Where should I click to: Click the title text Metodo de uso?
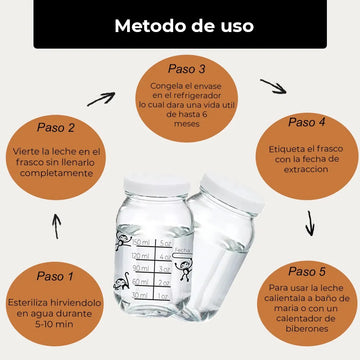pos(184,26)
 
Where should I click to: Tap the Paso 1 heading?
pos(55,276)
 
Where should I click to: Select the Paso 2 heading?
pos(56,128)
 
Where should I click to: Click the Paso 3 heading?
pos(187,69)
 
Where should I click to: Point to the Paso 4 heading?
pos(307,122)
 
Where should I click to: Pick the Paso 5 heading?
pos(307,271)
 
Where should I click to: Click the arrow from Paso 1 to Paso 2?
pos(57,226)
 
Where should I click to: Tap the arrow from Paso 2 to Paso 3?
pos(101,99)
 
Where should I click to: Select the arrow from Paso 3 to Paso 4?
pos(273,86)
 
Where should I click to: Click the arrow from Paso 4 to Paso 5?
pos(310,223)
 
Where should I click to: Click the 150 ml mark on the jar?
pos(141,242)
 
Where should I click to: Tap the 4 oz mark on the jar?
pos(165,257)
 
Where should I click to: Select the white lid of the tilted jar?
pos(232,193)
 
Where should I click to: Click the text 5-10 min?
pos(54,324)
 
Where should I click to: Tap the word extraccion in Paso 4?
pos(306,169)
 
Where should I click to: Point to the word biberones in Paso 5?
pos(307,329)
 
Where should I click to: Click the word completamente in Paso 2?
pos(56,173)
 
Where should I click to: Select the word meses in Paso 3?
pos(187,124)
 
